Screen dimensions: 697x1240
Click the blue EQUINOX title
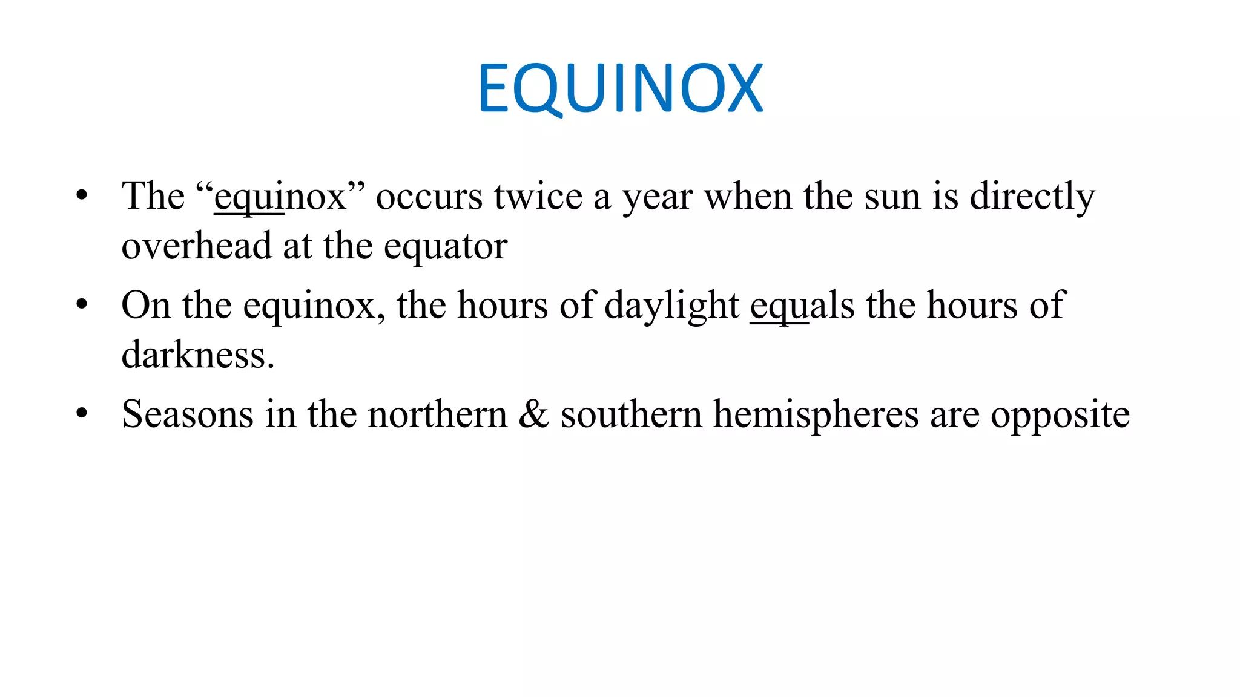coord(620,88)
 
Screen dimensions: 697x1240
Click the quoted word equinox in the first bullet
coord(280,197)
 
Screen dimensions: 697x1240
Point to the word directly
coord(1032,197)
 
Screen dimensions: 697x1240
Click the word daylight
coord(671,306)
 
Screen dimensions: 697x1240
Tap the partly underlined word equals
coord(802,306)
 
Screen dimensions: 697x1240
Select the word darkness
coord(198,355)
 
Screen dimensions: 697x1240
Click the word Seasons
coord(188,414)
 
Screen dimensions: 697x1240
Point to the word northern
coord(438,414)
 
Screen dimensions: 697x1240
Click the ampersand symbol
coord(533,414)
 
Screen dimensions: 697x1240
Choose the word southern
coord(631,414)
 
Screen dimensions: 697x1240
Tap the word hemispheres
coord(816,414)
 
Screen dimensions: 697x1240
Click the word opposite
coord(1060,416)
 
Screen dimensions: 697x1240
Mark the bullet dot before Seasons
coord(82,414)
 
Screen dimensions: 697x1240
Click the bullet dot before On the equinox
coord(82,304)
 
